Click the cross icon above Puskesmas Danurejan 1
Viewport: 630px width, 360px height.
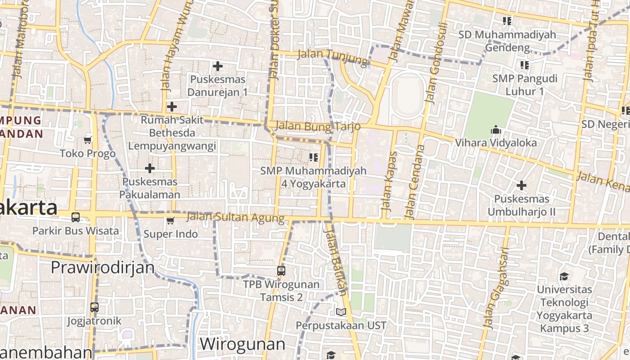tap(218, 67)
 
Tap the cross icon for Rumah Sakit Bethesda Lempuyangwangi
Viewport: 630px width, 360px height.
tap(171, 107)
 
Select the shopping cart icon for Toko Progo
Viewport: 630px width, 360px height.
tap(88, 140)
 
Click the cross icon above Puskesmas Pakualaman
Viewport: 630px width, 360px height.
tap(149, 168)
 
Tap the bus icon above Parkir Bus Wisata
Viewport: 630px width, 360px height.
tap(76, 217)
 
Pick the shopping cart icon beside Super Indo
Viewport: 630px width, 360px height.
tap(170, 220)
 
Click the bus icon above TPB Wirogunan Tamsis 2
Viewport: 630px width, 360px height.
tap(281, 271)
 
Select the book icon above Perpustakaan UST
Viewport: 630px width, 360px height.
tap(341, 312)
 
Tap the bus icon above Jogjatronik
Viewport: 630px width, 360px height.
tap(94, 308)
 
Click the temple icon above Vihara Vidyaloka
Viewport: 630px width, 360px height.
tap(496, 130)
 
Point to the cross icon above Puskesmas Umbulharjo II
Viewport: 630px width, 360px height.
tap(522, 185)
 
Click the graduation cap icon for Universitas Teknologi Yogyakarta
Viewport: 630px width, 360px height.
tap(564, 276)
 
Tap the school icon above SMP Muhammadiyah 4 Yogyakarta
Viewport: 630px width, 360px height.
tap(314, 157)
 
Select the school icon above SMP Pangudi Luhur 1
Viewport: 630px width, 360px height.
tap(524, 65)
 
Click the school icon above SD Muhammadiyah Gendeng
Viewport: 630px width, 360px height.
tap(507, 21)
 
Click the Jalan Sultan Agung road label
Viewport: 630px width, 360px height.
tap(235, 218)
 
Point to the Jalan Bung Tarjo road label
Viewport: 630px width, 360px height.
tap(318, 126)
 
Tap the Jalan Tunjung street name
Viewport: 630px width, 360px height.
tap(333, 56)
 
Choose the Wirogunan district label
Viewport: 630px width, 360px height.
tap(242, 344)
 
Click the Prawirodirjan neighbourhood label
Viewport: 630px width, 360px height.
tap(102, 267)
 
